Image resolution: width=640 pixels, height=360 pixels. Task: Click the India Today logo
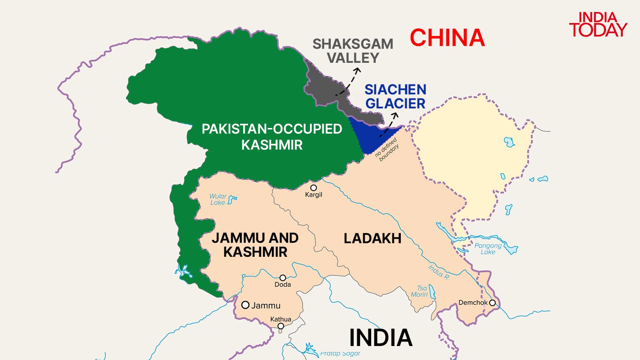click(x=598, y=25)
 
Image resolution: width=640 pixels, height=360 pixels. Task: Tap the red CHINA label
click(x=447, y=38)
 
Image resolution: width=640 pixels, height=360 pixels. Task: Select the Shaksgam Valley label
click(x=353, y=51)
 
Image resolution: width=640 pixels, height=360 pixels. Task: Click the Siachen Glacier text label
click(x=395, y=96)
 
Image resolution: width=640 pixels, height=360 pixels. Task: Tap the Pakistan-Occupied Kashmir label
click(x=272, y=137)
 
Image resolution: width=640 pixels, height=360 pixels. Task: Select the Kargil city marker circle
click(x=314, y=188)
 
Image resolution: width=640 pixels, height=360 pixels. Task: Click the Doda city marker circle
click(x=283, y=278)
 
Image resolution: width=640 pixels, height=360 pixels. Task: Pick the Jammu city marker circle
click(x=246, y=305)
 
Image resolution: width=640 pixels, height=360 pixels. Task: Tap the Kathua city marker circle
click(x=281, y=326)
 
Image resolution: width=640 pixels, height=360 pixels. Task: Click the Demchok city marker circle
click(x=492, y=303)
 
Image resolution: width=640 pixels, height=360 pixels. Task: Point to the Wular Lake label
click(x=218, y=199)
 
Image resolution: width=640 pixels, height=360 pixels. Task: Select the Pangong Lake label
click(x=488, y=248)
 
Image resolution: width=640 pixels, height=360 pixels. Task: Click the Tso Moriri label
click(x=420, y=291)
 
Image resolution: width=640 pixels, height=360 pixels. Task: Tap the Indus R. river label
click(x=439, y=272)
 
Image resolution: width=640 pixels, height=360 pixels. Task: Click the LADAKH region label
click(x=372, y=238)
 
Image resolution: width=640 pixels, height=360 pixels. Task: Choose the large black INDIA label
click(x=380, y=338)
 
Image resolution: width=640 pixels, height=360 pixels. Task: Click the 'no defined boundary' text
click(x=387, y=149)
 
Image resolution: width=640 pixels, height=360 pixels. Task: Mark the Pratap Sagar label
click(x=340, y=354)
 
